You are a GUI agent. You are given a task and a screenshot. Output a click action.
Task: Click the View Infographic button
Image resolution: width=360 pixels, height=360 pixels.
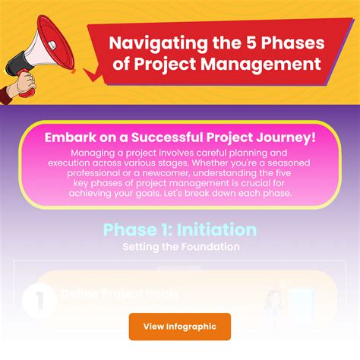coord(179,326)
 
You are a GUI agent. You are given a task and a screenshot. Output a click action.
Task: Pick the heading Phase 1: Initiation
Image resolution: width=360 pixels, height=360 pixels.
coord(179,229)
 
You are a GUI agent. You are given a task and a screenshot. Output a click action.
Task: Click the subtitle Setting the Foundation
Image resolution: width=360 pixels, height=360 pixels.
coord(180,247)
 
